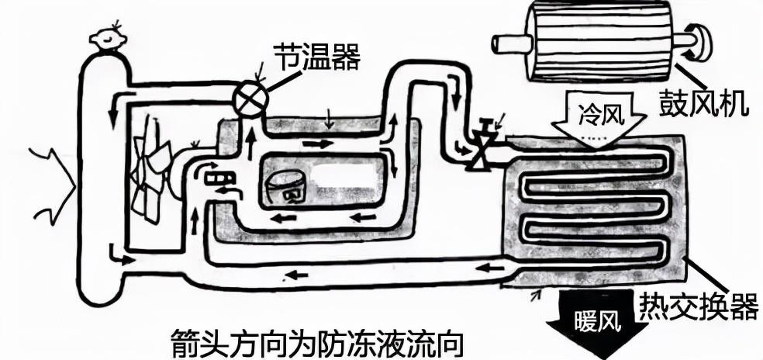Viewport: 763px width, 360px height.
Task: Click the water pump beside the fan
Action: click(x=218, y=178)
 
